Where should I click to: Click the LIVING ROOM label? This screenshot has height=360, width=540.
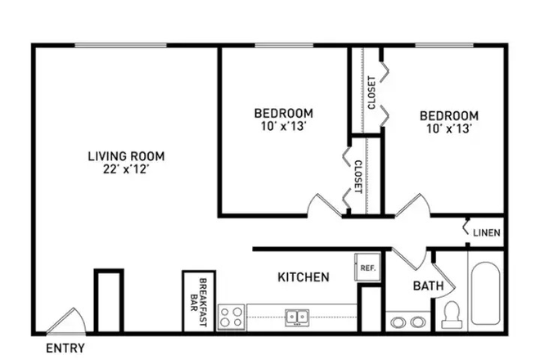click(x=126, y=155)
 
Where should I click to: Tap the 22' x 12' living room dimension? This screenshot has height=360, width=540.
click(x=126, y=169)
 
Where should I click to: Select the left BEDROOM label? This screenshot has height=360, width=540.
click(x=283, y=113)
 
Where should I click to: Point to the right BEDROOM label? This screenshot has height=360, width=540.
click(x=449, y=115)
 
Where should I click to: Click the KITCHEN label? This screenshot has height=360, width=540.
click(x=304, y=277)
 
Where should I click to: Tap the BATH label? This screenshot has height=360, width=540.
click(x=428, y=286)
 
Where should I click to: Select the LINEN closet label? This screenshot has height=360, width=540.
click(x=486, y=233)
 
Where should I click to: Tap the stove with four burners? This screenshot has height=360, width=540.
click(x=232, y=316)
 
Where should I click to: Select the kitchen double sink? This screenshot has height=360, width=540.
click(x=296, y=317)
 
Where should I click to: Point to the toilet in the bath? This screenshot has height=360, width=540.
click(x=450, y=314)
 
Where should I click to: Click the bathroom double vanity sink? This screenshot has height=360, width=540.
click(x=407, y=321)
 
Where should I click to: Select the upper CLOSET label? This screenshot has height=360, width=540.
click(x=372, y=92)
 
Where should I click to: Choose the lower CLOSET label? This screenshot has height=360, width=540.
click(x=358, y=175)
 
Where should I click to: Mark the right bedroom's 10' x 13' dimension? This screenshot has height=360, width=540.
click(x=449, y=128)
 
